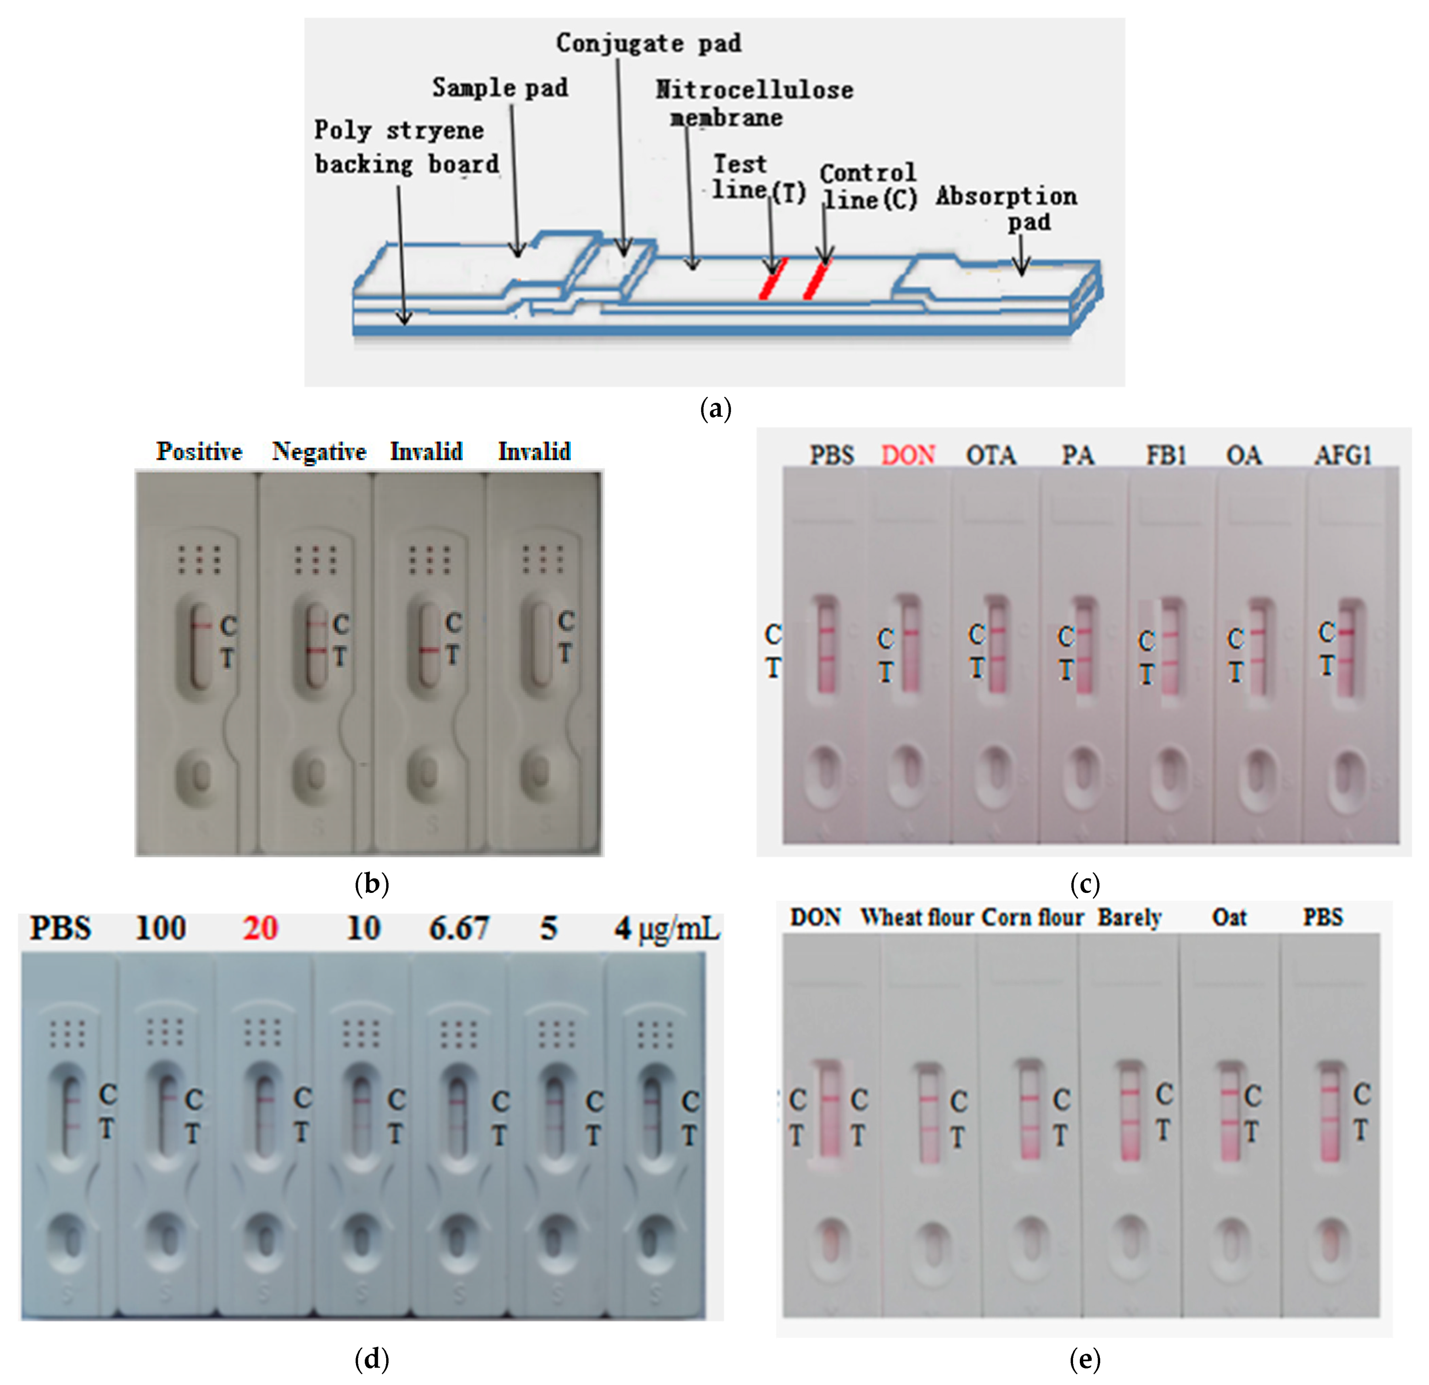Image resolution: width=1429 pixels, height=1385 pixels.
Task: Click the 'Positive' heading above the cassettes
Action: [x=199, y=451]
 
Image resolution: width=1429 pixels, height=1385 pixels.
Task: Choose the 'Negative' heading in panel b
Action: [x=319, y=451]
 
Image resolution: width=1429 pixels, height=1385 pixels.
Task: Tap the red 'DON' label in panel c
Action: [x=908, y=455]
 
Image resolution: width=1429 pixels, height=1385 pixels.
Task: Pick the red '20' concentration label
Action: [x=260, y=928]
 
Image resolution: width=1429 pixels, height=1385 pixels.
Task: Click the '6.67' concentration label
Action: [x=458, y=928]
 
